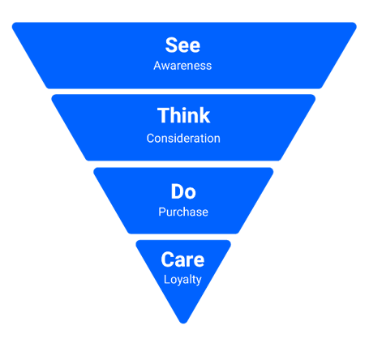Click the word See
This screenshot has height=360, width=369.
(182, 45)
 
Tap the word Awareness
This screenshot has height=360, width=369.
(182, 66)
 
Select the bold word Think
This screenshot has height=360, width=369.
(183, 115)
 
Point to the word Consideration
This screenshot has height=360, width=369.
(183, 139)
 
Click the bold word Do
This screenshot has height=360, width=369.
(183, 191)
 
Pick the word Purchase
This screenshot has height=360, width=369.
(183, 212)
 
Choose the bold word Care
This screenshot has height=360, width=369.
(182, 259)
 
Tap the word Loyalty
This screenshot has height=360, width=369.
(182, 280)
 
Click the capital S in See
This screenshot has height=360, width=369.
(171, 45)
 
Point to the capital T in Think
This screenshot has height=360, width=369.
(163, 115)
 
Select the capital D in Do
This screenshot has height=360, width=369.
(177, 191)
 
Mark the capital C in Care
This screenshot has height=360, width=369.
(168, 259)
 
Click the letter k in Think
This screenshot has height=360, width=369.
(204, 115)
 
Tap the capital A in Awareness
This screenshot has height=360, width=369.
(157, 66)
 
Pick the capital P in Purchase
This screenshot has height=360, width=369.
(162, 212)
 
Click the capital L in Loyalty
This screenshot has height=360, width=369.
(167, 279)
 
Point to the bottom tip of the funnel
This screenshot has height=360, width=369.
(183, 324)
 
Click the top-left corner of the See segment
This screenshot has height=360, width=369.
(13, 23)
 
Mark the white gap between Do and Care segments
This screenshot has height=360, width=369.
(183, 237)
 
